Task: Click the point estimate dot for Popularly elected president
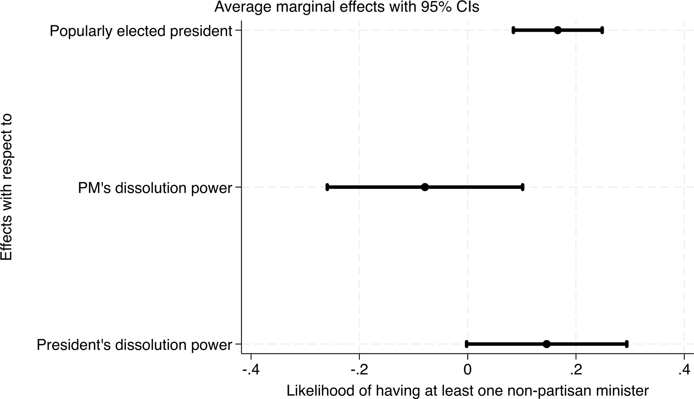click(558, 30)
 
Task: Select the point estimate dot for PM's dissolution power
click(425, 187)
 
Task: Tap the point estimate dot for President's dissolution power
click(547, 344)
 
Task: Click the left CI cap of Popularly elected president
click(513, 30)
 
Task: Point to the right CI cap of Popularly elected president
click(602, 30)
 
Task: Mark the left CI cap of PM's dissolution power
click(327, 187)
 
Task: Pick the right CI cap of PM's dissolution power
click(522, 187)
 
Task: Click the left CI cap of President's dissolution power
click(467, 344)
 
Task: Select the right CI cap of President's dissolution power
click(627, 344)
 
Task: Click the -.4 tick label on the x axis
click(251, 370)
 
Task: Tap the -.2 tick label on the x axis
click(359, 370)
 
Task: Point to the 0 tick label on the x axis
click(468, 370)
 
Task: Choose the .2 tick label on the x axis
click(576, 370)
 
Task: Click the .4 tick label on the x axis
click(684, 370)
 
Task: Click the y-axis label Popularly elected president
click(141, 31)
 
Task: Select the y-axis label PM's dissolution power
click(155, 188)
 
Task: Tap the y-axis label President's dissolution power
click(134, 345)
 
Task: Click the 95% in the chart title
click(436, 7)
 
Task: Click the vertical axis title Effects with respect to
click(6, 187)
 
